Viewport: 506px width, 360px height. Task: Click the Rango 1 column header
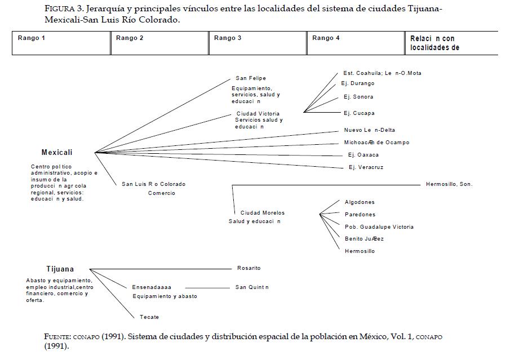pos(32,38)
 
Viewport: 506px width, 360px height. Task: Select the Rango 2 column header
pos(130,38)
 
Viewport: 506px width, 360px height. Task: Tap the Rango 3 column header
pos(228,38)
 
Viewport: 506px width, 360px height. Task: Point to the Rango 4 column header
pos(326,38)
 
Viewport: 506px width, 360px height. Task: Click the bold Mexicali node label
pos(57,153)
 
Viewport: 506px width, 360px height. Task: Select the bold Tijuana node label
pos(60,269)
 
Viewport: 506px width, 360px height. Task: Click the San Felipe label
pos(251,78)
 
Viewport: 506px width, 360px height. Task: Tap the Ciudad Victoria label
pos(258,114)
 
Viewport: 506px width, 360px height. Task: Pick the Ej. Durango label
pos(358,83)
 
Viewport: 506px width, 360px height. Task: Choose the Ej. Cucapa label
pos(359,113)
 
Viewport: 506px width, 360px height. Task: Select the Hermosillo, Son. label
pos(449,184)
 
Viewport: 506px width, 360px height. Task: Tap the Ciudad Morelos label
pos(263,213)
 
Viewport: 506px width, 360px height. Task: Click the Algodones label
pos(359,202)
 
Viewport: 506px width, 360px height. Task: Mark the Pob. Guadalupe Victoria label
pos(379,227)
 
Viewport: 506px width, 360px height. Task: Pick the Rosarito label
pos(248,268)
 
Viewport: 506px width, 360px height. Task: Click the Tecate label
pos(149,317)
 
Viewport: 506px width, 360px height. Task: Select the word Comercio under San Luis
pos(162,193)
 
